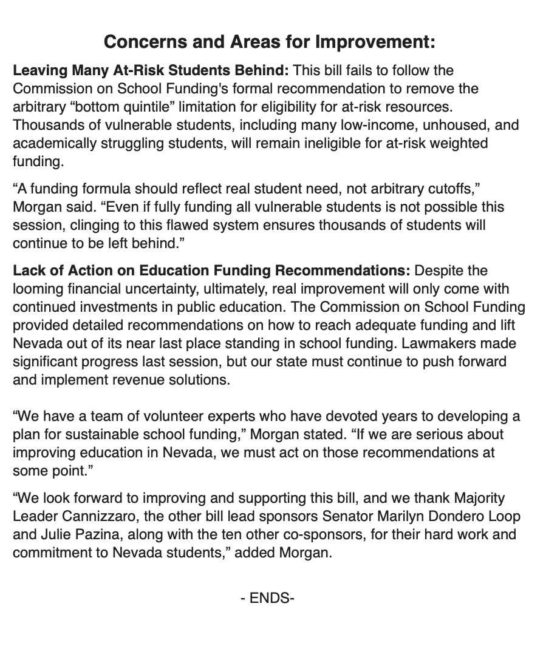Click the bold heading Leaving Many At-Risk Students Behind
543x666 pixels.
[151, 71]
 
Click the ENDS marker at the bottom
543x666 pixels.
[268, 599]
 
